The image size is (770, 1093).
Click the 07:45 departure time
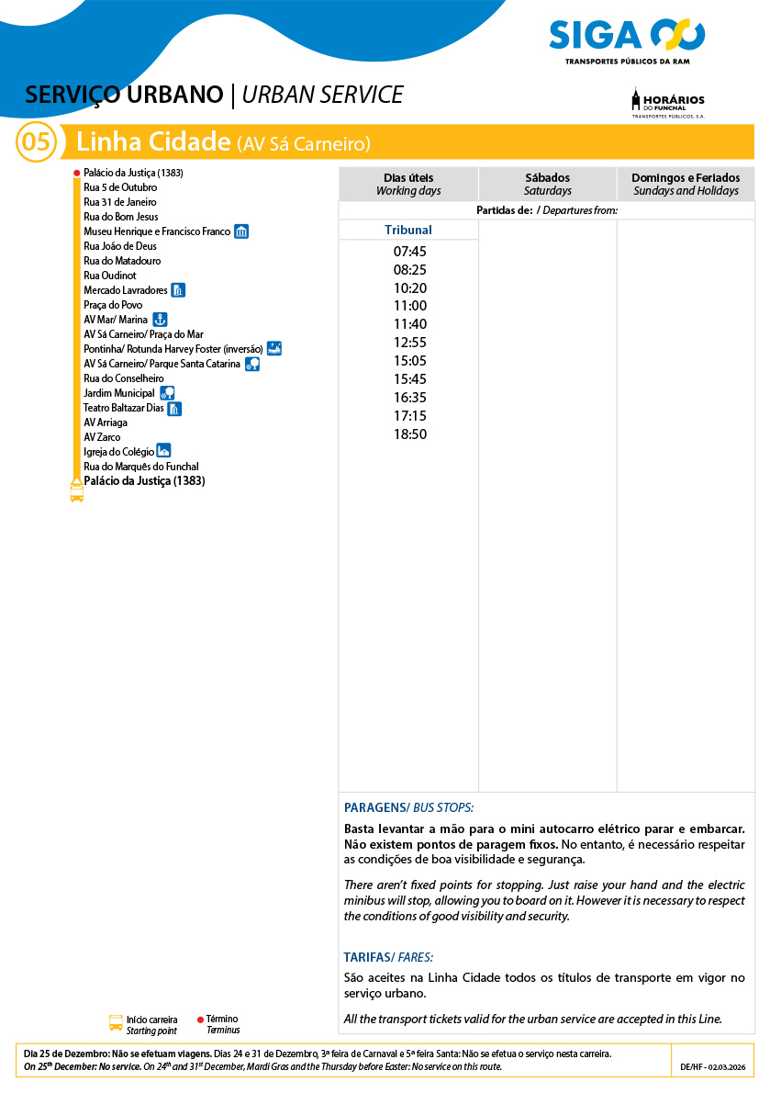[409, 252]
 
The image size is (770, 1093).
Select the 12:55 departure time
[409, 343]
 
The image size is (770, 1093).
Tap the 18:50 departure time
[409, 434]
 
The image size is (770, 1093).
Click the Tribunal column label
[408, 231]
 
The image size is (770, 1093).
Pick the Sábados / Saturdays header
[547, 184]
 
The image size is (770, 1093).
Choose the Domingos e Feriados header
[686, 184]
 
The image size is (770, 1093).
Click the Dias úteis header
[408, 184]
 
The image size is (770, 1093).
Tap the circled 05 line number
[36, 142]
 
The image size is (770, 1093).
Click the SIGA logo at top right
[627, 39]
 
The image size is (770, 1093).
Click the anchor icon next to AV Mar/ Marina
[159, 320]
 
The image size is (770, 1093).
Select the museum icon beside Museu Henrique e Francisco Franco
[241, 231]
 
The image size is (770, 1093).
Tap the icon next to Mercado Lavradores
[178, 290]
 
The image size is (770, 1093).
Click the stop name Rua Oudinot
[110, 276]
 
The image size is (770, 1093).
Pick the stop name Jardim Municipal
[119, 393]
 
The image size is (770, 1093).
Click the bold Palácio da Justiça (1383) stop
[144, 480]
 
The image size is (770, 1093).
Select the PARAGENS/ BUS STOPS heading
[408, 807]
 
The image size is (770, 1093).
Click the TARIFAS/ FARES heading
[388, 956]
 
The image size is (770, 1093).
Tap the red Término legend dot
[200, 1020]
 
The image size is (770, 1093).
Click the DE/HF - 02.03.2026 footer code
[712, 1067]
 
